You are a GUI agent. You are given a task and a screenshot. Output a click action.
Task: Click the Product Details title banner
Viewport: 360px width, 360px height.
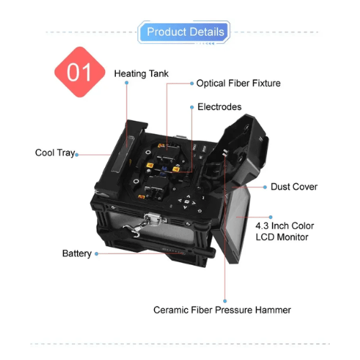[184, 32]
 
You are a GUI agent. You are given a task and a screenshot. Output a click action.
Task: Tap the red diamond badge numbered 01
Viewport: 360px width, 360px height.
[80, 72]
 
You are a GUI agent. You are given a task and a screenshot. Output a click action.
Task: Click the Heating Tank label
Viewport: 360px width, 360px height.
[141, 73]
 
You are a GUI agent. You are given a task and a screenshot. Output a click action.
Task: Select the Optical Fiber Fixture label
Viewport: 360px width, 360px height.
[238, 84]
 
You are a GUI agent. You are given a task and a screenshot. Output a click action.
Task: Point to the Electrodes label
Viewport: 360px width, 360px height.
[220, 107]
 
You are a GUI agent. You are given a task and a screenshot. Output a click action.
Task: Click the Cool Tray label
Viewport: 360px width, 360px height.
[55, 153]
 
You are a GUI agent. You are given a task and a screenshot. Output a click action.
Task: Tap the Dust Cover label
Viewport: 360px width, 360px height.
[294, 186]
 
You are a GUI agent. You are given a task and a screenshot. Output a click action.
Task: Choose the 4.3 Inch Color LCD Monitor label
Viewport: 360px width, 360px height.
[284, 231]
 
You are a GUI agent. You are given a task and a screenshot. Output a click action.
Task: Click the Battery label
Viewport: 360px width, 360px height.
[77, 253]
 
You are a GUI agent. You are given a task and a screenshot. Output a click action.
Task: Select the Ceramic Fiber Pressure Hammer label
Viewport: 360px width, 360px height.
[222, 310]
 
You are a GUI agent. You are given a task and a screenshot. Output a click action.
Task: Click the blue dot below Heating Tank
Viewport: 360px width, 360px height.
[127, 83]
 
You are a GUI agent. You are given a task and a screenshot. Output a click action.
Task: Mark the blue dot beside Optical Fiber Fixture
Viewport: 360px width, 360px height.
[192, 84]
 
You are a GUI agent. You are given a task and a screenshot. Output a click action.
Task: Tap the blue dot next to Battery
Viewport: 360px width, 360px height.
[96, 253]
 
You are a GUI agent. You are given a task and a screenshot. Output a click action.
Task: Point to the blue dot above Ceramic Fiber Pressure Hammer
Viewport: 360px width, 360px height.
[225, 301]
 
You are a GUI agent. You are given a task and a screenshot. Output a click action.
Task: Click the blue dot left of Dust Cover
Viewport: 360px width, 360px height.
[265, 187]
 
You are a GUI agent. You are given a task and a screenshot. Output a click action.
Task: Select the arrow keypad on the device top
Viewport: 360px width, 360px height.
[187, 202]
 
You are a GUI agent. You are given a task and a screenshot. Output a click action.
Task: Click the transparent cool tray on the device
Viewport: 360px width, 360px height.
[122, 154]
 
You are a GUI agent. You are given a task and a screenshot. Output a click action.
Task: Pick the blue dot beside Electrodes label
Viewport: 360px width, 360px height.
[192, 107]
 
